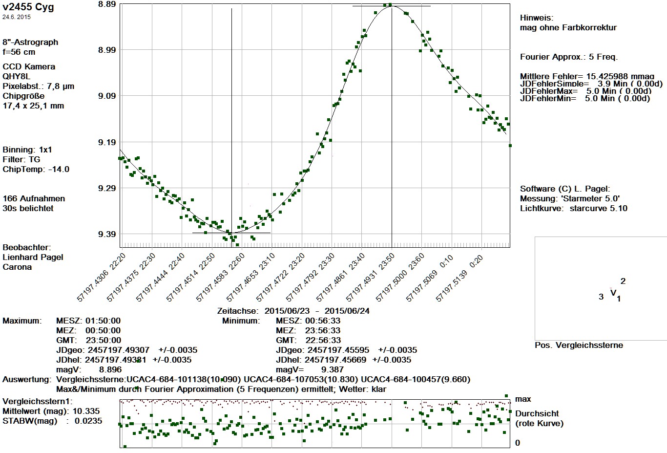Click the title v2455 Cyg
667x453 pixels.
coord(28,7)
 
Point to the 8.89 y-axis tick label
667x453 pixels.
coord(107,4)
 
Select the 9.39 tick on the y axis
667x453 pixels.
coord(107,235)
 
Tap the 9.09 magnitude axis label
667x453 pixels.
coord(107,96)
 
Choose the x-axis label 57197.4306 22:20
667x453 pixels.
coord(101,277)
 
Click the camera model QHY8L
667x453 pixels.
coord(17,76)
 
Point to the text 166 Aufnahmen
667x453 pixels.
coord(34,198)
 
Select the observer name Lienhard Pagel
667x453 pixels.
coord(33,257)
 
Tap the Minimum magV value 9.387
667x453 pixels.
coord(333,369)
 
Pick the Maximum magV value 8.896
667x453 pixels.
coord(110,369)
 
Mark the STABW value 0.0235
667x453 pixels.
coord(88,421)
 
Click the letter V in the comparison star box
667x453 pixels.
coord(613,293)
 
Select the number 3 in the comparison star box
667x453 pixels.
coord(601,297)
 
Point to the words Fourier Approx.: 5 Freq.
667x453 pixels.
coord(569,57)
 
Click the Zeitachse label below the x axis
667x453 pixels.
coord(237,311)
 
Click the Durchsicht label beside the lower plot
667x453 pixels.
coord(537,413)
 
